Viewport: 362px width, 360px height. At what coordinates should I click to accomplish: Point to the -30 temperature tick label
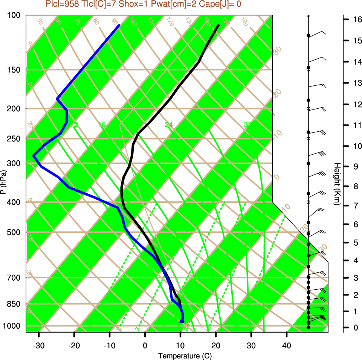pyautogui.click(x=39, y=345)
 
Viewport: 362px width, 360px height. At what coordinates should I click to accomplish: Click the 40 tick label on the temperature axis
pyautogui.click(x=287, y=345)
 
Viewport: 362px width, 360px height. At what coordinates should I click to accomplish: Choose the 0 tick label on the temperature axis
pyautogui.click(x=145, y=345)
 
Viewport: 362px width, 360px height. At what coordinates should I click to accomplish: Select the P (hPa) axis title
pyautogui.click(x=4, y=182)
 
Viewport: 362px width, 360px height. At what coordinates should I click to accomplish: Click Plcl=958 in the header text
pyautogui.click(x=61, y=4)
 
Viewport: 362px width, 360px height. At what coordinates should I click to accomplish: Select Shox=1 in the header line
pyautogui.click(x=131, y=4)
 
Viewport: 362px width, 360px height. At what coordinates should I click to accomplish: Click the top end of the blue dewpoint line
pyautogui.click(x=119, y=25)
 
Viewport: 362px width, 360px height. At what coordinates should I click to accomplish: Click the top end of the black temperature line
pyautogui.click(x=218, y=26)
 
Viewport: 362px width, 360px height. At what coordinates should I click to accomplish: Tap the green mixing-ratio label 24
pyautogui.click(x=169, y=125)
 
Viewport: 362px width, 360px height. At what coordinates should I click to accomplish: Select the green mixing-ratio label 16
pyautogui.click(x=102, y=125)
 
